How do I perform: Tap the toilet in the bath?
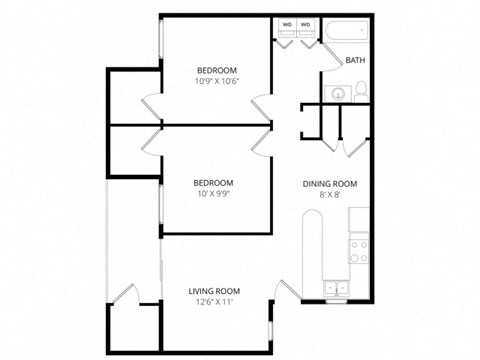360,93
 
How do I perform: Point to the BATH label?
355,61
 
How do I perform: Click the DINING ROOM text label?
329,184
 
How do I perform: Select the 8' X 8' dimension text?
329,197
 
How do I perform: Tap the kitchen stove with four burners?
358,251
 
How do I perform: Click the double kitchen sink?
337,290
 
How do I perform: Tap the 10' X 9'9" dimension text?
214,194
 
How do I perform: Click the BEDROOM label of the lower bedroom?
214,182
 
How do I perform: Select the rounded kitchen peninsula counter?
311,250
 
